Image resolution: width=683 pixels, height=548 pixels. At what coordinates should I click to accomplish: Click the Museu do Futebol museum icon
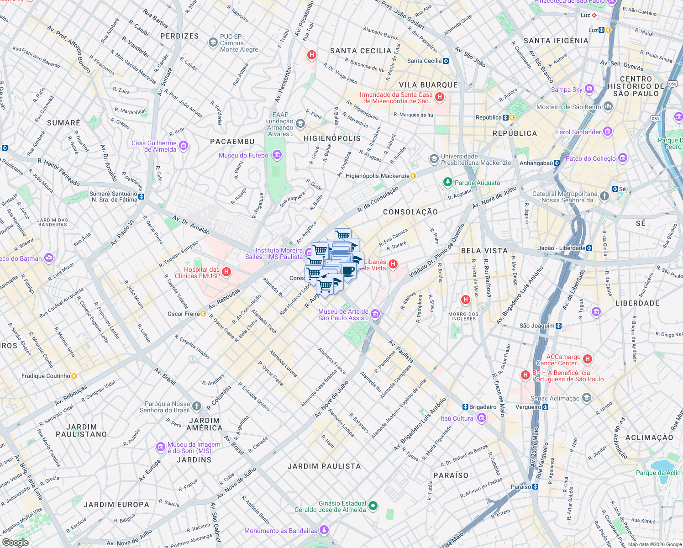click(277, 155)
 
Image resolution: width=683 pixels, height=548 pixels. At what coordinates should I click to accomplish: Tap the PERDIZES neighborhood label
click(179, 36)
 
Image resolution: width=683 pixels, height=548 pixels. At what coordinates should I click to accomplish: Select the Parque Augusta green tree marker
click(447, 182)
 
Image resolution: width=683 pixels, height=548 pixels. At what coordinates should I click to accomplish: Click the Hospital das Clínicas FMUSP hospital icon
click(226, 273)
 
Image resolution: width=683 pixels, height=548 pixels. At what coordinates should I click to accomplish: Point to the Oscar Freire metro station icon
click(203, 314)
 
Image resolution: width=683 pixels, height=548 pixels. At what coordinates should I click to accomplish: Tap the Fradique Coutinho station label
click(46, 376)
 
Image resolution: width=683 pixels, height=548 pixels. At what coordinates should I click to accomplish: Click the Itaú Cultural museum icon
click(482, 418)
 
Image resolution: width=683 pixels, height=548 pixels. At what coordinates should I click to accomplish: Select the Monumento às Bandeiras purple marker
click(324, 530)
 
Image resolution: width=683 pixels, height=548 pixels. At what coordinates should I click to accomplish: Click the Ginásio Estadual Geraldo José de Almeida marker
click(373, 506)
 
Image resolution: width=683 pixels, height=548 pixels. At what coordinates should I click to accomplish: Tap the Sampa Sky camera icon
click(589, 89)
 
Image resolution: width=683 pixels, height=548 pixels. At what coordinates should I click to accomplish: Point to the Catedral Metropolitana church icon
click(604, 196)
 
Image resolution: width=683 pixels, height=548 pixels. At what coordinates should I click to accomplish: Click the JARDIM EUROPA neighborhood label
click(116, 505)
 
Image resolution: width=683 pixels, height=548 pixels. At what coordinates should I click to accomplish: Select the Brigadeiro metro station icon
click(465, 407)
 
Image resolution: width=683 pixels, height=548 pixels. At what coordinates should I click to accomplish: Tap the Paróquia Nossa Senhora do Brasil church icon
click(196, 406)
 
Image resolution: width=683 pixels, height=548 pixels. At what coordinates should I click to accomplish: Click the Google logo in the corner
click(16, 542)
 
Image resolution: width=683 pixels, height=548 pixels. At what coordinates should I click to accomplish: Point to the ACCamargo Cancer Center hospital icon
click(588, 359)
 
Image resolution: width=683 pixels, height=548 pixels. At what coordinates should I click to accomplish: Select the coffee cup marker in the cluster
click(348, 271)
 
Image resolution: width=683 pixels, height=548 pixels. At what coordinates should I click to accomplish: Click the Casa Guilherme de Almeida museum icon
click(183, 146)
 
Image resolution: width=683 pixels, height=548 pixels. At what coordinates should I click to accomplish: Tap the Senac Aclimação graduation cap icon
click(586, 398)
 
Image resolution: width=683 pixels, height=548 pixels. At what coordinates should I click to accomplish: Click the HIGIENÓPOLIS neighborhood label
click(332, 138)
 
